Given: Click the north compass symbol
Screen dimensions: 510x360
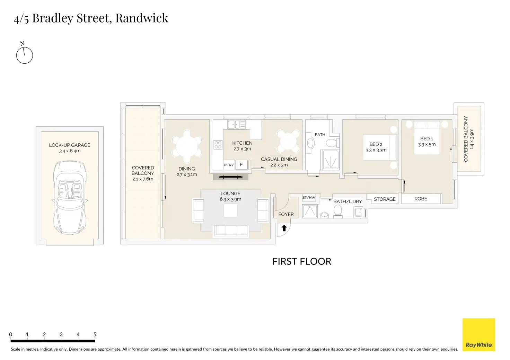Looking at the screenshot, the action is [24, 55].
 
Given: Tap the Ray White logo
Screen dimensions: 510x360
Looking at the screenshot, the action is [479, 335].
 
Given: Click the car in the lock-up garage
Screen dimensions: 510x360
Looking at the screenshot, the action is [70, 197].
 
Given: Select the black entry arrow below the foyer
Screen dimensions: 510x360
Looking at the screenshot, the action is [284, 228].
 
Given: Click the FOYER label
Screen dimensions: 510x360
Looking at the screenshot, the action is [286, 214].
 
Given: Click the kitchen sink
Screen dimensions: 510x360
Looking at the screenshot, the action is [236, 125].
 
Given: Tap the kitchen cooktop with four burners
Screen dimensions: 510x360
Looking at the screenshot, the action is [218, 145].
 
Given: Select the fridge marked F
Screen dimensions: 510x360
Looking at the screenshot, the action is [241, 165].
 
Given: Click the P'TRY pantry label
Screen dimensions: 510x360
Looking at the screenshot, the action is [229, 165].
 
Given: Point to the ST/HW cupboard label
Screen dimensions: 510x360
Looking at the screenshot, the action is [309, 198].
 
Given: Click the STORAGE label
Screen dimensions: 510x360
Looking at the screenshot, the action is [385, 199].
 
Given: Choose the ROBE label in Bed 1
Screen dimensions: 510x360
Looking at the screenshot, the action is [421, 199].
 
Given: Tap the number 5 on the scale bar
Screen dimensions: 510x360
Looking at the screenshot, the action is [95, 334].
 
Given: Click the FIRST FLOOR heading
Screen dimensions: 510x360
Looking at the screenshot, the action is [302, 261].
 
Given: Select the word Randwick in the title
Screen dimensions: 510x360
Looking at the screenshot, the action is [142, 18].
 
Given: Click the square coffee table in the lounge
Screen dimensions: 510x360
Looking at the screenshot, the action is [230, 210].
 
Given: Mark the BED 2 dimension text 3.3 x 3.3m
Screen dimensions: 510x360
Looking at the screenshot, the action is [376, 150].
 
